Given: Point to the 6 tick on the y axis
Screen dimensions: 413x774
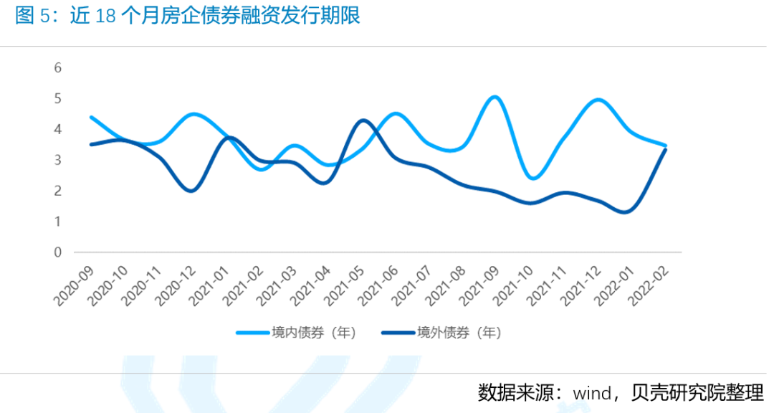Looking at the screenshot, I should [58, 68].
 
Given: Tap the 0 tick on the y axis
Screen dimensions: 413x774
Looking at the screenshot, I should [58, 252].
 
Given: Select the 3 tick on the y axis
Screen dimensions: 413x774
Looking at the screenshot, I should [58, 160].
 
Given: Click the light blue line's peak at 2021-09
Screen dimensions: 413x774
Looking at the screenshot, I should [494, 97].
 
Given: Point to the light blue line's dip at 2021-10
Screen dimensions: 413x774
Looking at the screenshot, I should [532, 178].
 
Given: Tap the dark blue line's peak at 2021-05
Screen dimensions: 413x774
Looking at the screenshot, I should [363, 120].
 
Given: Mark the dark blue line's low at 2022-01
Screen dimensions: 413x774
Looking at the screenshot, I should [626, 212].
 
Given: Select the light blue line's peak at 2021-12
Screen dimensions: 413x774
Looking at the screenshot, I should [598, 100].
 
